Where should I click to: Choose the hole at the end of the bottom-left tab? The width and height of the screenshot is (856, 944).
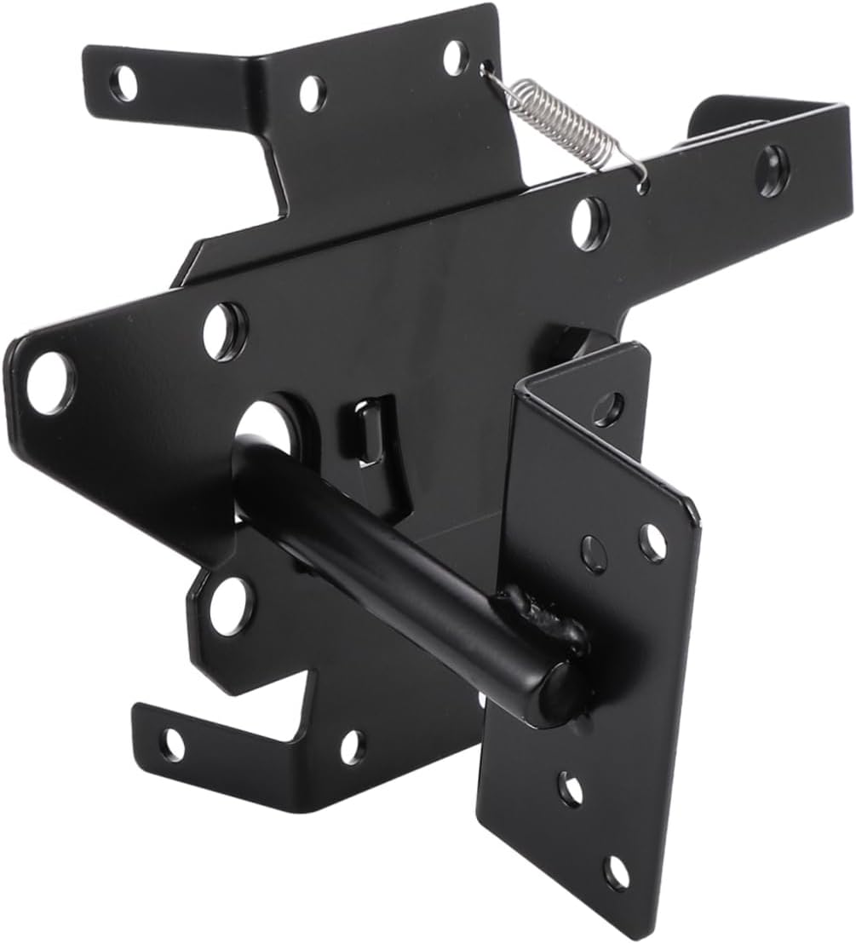173,744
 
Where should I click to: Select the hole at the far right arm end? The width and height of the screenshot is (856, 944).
773,161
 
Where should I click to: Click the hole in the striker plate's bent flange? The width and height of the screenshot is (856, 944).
610,408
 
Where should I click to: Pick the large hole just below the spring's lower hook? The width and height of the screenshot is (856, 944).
589,221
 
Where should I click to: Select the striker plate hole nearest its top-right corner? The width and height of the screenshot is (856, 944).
653,542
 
